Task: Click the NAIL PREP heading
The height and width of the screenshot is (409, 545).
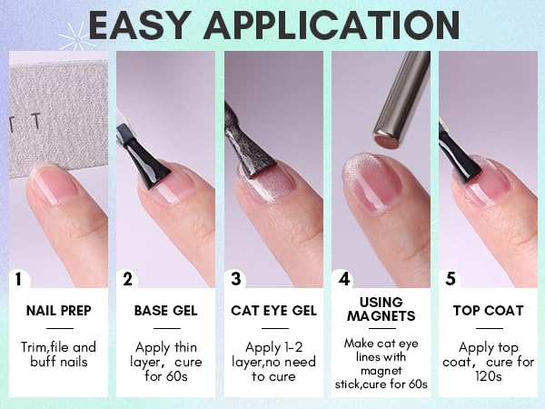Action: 59,311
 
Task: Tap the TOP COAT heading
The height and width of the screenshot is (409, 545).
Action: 488,311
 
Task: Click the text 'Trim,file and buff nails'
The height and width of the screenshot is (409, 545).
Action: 59,354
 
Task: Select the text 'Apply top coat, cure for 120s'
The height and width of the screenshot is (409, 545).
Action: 488,362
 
